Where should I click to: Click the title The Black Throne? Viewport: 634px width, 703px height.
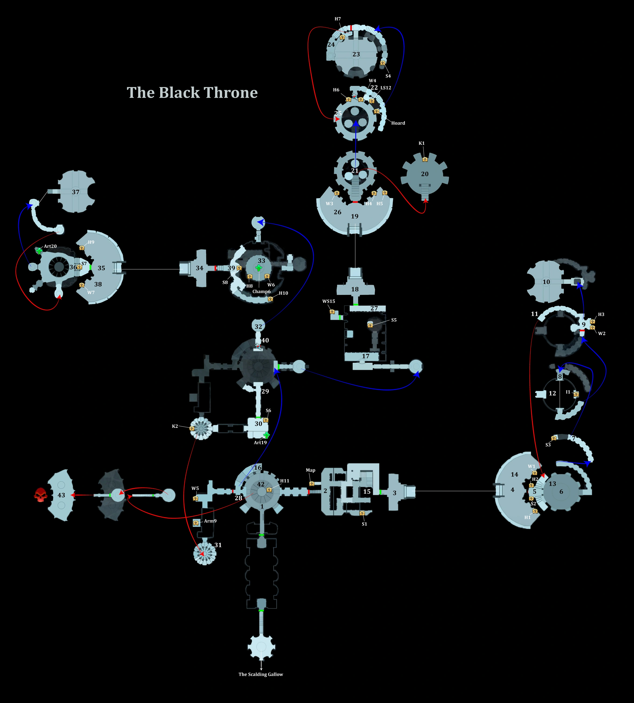point(192,93)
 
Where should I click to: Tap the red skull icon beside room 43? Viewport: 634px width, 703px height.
point(41,495)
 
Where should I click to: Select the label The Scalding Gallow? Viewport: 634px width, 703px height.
point(261,674)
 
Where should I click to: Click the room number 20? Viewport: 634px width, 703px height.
point(425,174)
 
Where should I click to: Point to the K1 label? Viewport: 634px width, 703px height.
point(422,143)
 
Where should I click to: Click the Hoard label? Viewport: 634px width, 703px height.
point(398,123)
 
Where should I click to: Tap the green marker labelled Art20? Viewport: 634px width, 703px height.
point(39,250)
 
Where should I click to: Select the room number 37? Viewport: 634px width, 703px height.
point(76,192)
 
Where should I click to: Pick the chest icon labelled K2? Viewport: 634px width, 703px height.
point(192,428)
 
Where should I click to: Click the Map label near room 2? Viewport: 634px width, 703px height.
point(310,470)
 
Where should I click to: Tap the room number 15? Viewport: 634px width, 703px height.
point(367,492)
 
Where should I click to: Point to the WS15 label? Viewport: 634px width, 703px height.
point(328,301)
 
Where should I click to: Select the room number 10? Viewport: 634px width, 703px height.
point(546,282)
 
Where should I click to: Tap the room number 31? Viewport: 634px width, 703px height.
point(218,545)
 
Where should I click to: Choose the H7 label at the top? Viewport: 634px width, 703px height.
point(338,19)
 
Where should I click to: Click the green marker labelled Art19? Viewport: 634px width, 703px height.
point(267,435)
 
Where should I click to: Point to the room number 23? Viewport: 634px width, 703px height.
point(356,54)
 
